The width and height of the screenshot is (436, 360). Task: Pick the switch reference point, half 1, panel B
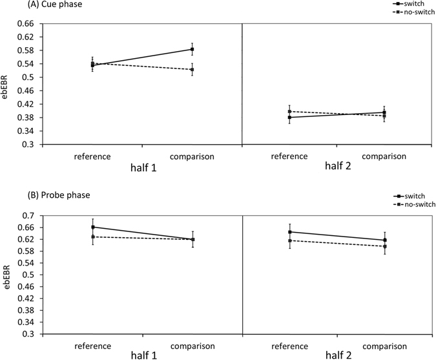[93, 227]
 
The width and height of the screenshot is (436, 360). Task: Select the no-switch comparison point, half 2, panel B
[385, 246]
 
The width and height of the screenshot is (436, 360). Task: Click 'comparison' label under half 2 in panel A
[384, 156]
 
